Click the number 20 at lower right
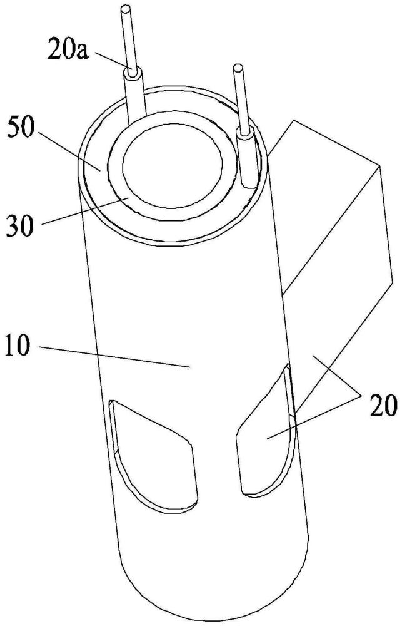pyautogui.click(x=381, y=408)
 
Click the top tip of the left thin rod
pyautogui.click(x=126, y=8)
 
